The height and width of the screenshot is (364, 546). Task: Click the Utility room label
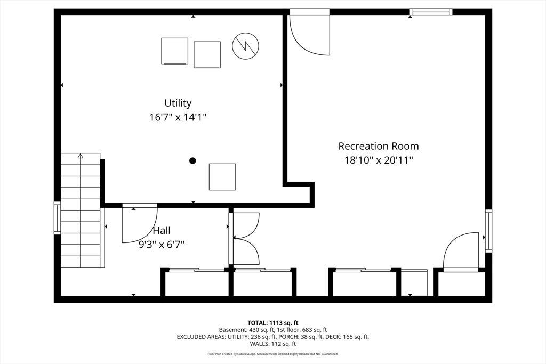[178, 103]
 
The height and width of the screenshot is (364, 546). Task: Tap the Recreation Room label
[379, 146]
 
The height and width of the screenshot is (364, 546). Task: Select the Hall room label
[162, 230]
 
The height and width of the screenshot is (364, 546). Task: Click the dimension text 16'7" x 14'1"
[178, 117]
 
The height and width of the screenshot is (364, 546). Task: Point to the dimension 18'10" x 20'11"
[379, 160]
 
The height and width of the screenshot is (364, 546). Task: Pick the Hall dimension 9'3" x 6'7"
[162, 245]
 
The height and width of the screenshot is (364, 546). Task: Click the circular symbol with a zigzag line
[245, 46]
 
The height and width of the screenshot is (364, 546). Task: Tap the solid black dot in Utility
[192, 160]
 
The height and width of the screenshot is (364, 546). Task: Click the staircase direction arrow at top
[81, 156]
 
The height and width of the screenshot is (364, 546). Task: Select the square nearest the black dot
[222, 177]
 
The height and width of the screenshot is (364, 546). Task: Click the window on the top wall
[431, 12]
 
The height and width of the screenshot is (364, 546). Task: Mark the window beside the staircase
[57, 218]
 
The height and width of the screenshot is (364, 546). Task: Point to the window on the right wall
[488, 231]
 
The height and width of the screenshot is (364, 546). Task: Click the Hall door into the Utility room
[139, 223]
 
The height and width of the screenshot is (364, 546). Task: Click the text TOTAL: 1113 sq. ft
[273, 323]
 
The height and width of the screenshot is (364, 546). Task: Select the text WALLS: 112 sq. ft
[273, 344]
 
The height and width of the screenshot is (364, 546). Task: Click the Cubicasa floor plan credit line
[273, 354]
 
